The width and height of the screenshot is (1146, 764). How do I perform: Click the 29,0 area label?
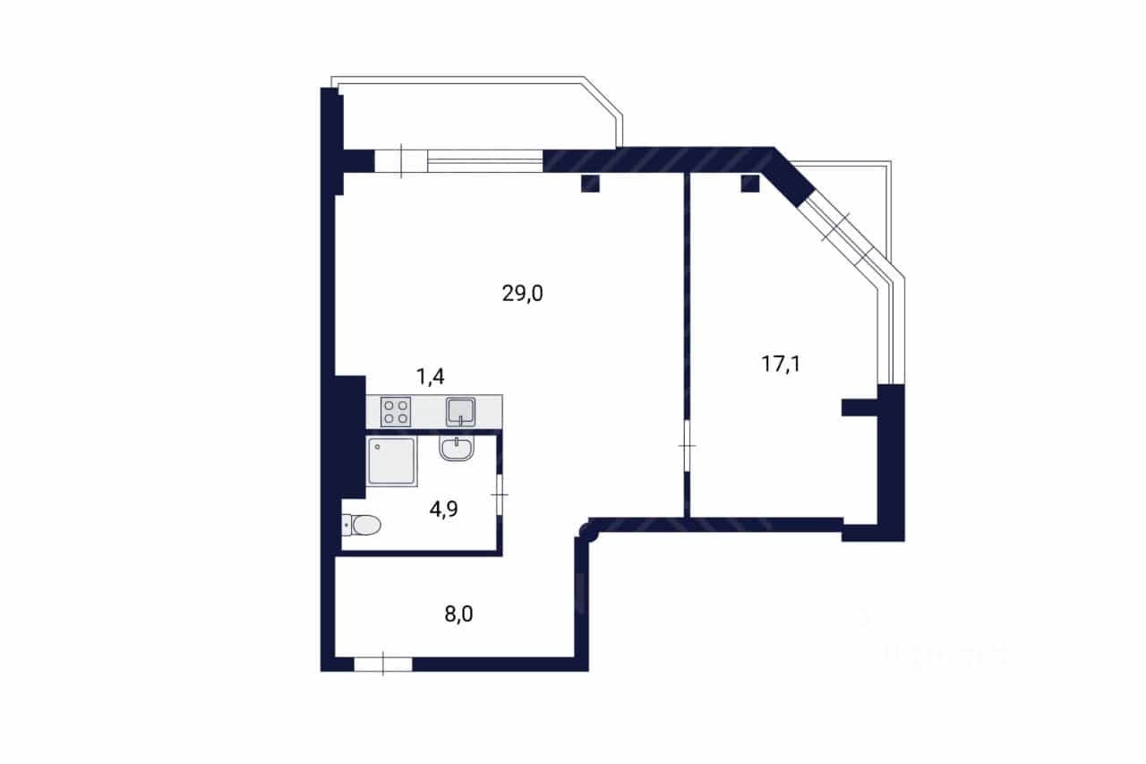(x=522, y=294)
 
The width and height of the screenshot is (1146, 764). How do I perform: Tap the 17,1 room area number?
(x=781, y=365)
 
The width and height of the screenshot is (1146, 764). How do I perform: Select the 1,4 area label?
(x=431, y=377)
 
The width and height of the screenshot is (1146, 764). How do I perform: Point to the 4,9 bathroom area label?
(x=443, y=509)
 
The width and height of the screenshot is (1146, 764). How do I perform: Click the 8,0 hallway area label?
(x=458, y=614)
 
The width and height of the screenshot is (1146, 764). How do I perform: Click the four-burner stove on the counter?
(x=396, y=412)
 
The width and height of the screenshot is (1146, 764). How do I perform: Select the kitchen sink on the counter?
(x=460, y=412)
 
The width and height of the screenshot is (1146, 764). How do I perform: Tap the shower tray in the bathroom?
(x=392, y=461)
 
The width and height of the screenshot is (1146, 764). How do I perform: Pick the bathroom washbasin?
(x=457, y=449)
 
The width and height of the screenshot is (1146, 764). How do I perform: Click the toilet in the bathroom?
(x=361, y=525)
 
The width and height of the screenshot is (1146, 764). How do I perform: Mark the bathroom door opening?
(x=500, y=494)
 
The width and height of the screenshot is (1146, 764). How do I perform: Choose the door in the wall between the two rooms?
(x=687, y=446)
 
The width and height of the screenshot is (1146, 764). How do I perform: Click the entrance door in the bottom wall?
(x=383, y=665)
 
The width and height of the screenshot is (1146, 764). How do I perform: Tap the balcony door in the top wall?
(x=401, y=160)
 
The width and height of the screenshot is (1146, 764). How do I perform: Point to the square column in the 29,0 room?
(x=590, y=184)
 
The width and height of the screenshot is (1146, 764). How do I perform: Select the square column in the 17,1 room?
(x=750, y=184)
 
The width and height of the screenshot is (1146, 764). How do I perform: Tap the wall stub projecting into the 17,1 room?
(x=860, y=408)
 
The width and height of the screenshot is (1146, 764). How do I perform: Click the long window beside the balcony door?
(x=485, y=160)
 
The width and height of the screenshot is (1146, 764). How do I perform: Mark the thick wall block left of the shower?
(x=349, y=437)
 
